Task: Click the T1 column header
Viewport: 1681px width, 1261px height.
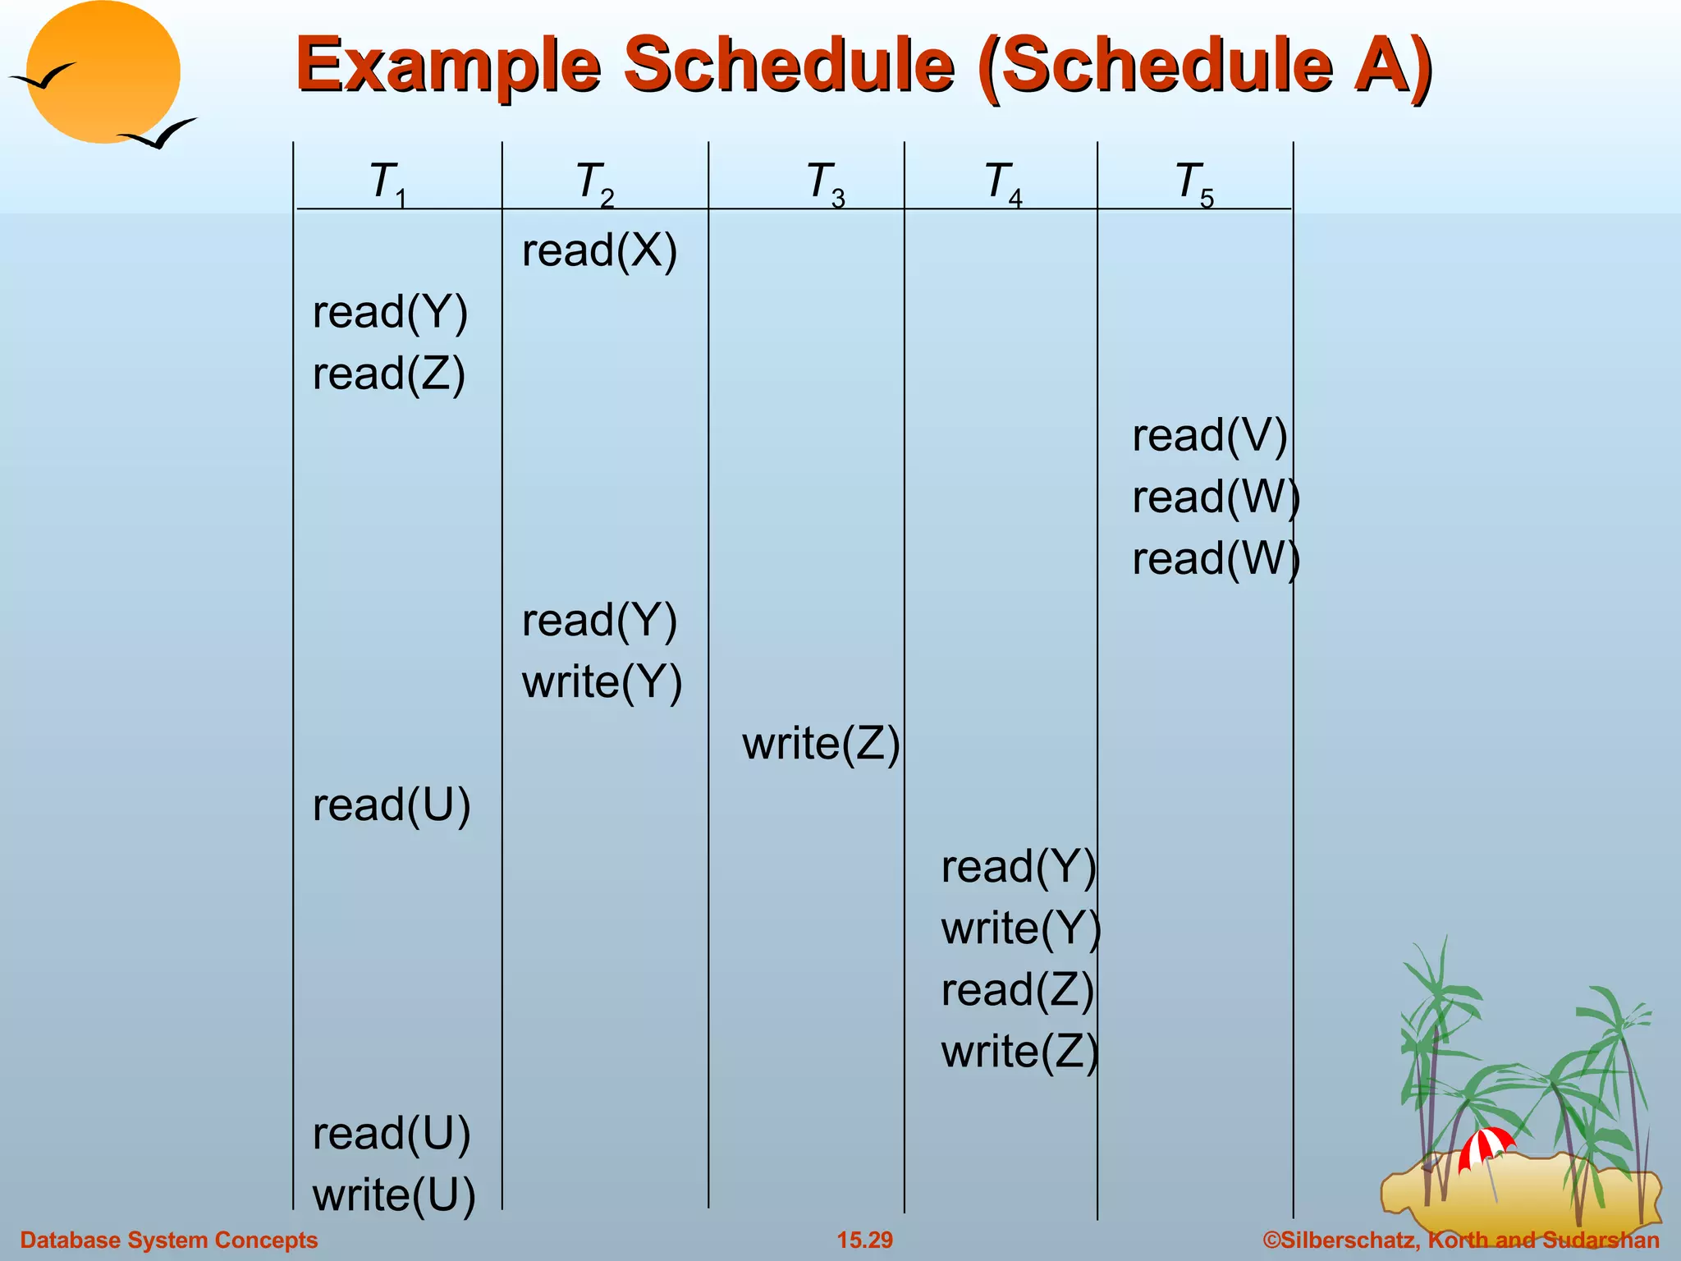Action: (x=388, y=183)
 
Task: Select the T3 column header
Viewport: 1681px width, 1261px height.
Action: (x=826, y=183)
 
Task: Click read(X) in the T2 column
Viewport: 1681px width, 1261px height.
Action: (x=599, y=250)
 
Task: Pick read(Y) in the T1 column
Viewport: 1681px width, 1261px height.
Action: (x=390, y=313)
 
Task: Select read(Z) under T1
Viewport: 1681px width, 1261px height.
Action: (x=389, y=374)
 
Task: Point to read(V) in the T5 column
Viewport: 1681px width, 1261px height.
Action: (x=1209, y=436)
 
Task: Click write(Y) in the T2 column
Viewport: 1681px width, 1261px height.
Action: (x=602, y=682)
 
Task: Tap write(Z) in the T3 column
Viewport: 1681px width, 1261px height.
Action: (x=821, y=744)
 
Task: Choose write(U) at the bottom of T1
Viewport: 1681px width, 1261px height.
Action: (x=394, y=1195)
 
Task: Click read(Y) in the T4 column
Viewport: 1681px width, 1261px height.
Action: (x=1018, y=867)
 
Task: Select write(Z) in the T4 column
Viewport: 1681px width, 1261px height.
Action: (x=1019, y=1052)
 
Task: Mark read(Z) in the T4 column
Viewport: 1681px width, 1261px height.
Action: (x=1017, y=990)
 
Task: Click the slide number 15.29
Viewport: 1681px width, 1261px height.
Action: (x=864, y=1240)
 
